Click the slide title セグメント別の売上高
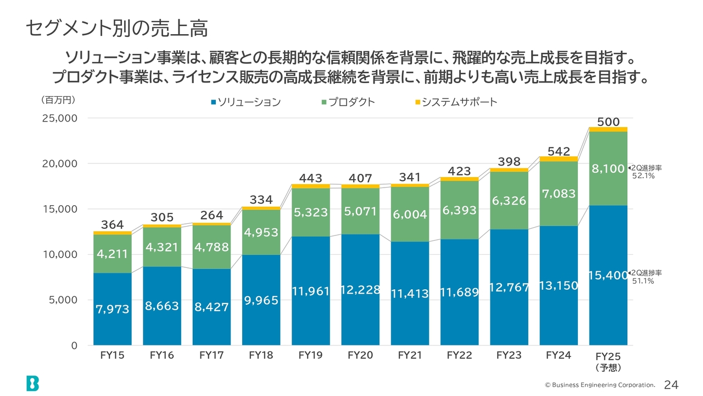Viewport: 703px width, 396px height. coord(117,29)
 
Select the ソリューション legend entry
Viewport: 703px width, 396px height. coord(246,102)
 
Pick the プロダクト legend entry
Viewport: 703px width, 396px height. coord(348,102)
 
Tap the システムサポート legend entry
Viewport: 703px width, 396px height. coord(456,102)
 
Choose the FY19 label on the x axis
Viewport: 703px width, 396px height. coord(310,355)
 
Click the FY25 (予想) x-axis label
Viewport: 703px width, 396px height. coord(608,361)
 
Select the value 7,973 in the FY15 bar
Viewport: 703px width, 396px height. coord(113,310)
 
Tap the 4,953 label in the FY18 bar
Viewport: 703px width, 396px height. coord(261,233)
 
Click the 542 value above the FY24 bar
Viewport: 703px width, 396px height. coord(558,151)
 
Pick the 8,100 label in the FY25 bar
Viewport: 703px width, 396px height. coord(607,169)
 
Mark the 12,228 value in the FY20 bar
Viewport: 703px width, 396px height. coord(360,289)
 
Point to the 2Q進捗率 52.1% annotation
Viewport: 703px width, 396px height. coord(646,172)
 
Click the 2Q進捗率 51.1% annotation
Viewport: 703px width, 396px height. coord(646,277)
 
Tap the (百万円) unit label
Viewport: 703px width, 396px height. coord(58,100)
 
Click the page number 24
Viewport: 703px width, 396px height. coord(672,384)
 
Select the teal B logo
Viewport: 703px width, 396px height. coord(32,383)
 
